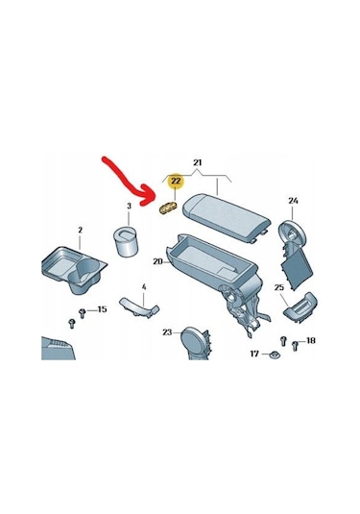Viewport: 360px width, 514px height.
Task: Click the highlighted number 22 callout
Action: pyautogui.click(x=176, y=182)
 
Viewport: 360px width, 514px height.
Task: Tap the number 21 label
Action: pyautogui.click(x=197, y=162)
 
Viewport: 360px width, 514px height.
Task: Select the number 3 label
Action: pyautogui.click(x=129, y=206)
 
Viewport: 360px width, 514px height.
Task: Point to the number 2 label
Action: pyautogui.click(x=81, y=231)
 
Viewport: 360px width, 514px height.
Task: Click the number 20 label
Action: pyautogui.click(x=157, y=261)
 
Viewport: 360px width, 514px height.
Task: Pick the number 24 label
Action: pyautogui.click(x=293, y=200)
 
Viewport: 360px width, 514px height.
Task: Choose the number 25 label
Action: pyautogui.click(x=278, y=287)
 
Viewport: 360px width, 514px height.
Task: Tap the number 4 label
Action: pyautogui.click(x=144, y=287)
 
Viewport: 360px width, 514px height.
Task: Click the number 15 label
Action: pyautogui.click(x=102, y=309)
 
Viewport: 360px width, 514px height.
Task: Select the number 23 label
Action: pyautogui.click(x=167, y=332)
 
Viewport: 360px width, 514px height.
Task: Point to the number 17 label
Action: pyautogui.click(x=254, y=354)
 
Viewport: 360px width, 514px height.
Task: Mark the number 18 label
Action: pyautogui.click(x=310, y=341)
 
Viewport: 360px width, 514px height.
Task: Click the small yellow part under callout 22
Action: pyautogui.click(x=167, y=208)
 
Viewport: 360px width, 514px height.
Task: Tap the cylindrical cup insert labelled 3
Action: pyautogui.click(x=126, y=241)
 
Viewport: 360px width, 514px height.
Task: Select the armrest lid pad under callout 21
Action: pyautogui.click(x=226, y=217)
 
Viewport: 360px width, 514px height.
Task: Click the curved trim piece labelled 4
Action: pyautogui.click(x=139, y=307)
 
